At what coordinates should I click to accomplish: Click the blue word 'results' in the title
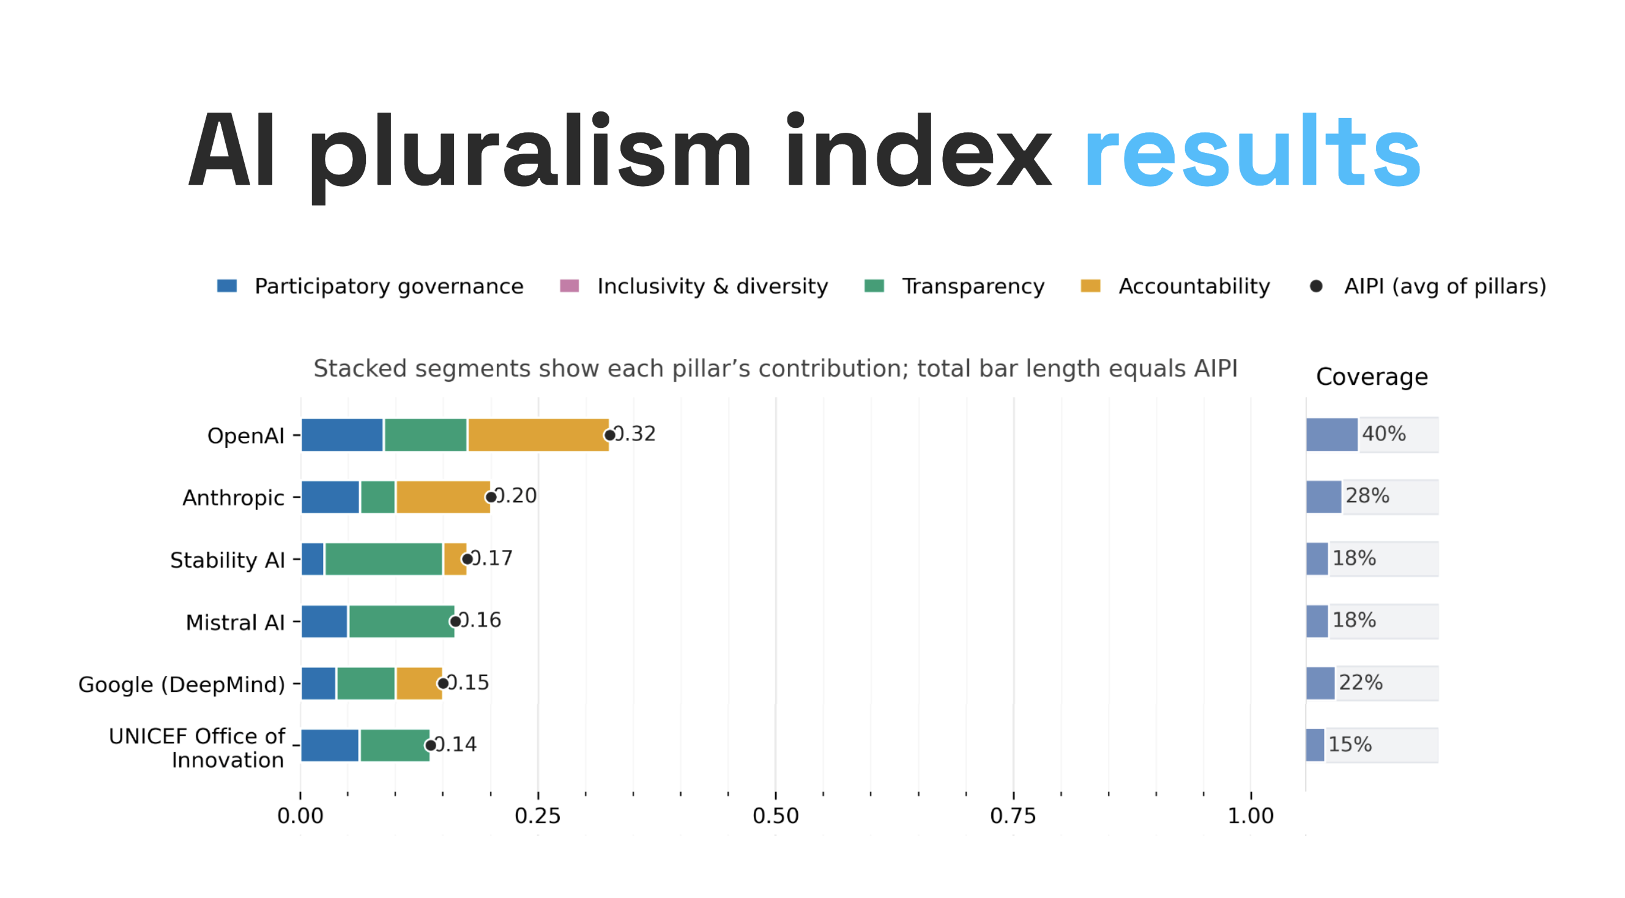pyautogui.click(x=1252, y=151)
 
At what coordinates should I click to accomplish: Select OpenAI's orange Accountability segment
pyautogui.click(x=538, y=435)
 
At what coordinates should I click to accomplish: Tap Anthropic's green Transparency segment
pyautogui.click(x=378, y=497)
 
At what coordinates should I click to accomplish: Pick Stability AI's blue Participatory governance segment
pyautogui.click(x=312, y=558)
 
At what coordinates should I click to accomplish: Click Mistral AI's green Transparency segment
pyautogui.click(x=401, y=621)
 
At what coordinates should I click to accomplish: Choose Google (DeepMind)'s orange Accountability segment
pyautogui.click(x=419, y=683)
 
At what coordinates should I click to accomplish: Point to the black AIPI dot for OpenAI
pyautogui.click(x=609, y=435)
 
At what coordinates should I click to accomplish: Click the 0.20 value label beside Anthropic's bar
pyautogui.click(x=516, y=495)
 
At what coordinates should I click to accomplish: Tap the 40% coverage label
pyautogui.click(x=1383, y=434)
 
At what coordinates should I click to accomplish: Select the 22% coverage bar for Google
pyautogui.click(x=1320, y=683)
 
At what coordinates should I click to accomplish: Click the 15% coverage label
pyautogui.click(x=1350, y=744)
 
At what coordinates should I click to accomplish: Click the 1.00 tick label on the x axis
pyautogui.click(x=1251, y=815)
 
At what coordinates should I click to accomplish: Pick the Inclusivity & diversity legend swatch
pyautogui.click(x=569, y=286)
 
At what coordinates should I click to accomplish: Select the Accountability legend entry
pyautogui.click(x=1194, y=286)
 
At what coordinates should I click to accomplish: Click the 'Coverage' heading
pyautogui.click(x=1372, y=376)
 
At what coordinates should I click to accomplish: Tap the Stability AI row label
pyautogui.click(x=227, y=559)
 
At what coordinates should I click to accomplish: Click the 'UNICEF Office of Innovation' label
pyautogui.click(x=197, y=748)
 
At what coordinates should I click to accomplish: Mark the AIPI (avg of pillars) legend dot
pyautogui.click(x=1316, y=286)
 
